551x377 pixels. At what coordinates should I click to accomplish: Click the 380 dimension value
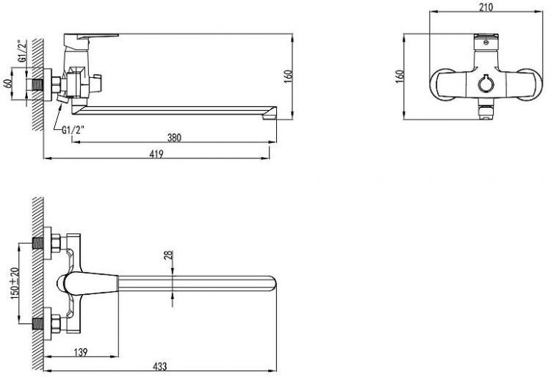click(x=174, y=137)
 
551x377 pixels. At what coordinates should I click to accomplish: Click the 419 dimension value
click(x=156, y=154)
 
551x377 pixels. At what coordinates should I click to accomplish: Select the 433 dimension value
click(x=159, y=367)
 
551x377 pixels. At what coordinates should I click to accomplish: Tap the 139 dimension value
click(x=81, y=352)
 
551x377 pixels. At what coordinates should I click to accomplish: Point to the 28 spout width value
click(x=169, y=256)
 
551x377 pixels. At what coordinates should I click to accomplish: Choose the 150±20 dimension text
click(x=15, y=283)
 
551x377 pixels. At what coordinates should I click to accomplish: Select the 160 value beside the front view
click(x=400, y=76)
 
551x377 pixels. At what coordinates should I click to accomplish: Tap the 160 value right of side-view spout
click(x=288, y=76)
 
